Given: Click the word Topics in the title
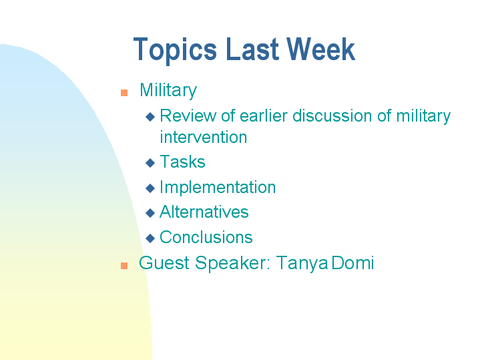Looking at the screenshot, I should pyautogui.click(x=175, y=51).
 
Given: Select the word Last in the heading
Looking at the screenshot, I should pyautogui.click(x=250, y=51).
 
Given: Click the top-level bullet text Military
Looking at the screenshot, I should pyautogui.click(x=168, y=90).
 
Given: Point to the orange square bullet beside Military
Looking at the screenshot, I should pyautogui.click(x=124, y=93).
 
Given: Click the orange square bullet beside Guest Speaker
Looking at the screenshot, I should pyautogui.click(x=124, y=265).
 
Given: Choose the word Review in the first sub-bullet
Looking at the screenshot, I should pyautogui.click(x=188, y=116).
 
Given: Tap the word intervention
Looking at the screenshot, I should pyautogui.click(x=203, y=138).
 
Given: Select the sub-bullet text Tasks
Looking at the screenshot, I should pyautogui.click(x=182, y=162).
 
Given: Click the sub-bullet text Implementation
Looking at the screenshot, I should pyautogui.click(x=218, y=188).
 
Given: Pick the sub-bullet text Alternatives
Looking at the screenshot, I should pyautogui.click(x=204, y=212).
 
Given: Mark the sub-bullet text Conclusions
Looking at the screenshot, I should pyautogui.click(x=206, y=238).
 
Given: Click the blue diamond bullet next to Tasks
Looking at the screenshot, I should pyautogui.click(x=150, y=163).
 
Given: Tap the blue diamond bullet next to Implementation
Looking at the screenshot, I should pyautogui.click(x=150, y=188).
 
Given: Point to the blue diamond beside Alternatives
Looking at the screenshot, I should pyautogui.click(x=150, y=213).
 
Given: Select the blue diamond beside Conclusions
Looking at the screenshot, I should pyautogui.click(x=150, y=238).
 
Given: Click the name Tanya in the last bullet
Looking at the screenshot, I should pyautogui.click(x=302, y=263).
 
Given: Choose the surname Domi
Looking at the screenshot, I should pyautogui.click(x=352, y=263).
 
